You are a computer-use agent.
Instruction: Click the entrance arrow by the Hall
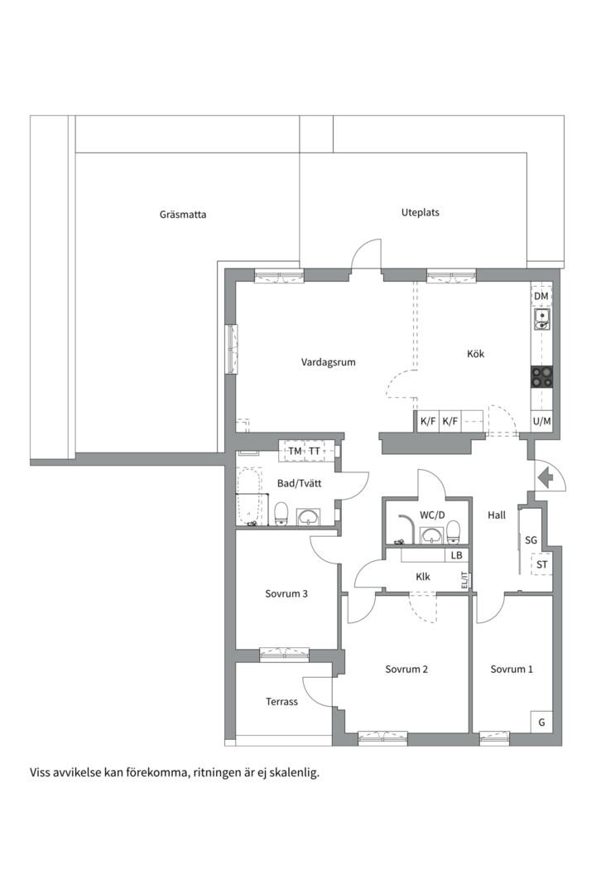tap(546, 477)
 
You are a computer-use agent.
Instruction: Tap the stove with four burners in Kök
tap(542, 377)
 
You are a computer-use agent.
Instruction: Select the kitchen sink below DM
tap(542, 320)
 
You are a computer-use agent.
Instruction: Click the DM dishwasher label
tap(541, 296)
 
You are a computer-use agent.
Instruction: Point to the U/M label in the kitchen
tap(542, 422)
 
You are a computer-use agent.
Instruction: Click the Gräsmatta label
tap(183, 215)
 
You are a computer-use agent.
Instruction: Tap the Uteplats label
tap(421, 212)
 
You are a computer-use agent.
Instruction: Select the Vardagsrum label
tap(329, 362)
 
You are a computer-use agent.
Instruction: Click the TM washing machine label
tap(295, 451)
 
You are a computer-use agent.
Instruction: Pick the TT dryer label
tap(315, 451)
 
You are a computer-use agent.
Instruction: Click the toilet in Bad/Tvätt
tap(281, 514)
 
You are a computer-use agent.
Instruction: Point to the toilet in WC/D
tap(454, 532)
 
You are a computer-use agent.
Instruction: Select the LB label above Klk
tap(456, 554)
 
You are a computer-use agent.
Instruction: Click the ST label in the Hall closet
tap(542, 565)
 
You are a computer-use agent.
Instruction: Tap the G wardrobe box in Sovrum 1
tap(541, 722)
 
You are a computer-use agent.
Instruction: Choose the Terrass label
tap(281, 702)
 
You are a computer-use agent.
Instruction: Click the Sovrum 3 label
tap(286, 593)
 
